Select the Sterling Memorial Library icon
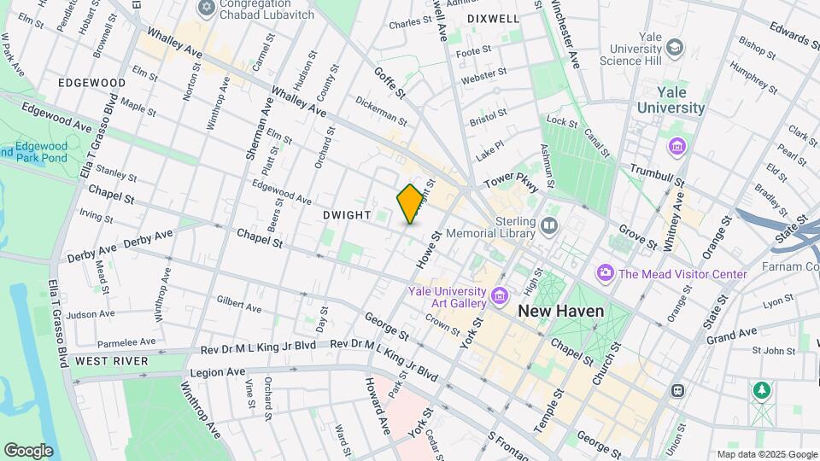tap(548, 227)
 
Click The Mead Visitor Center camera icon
tap(606, 273)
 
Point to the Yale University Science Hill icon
tap(675, 47)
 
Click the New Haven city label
tap(560, 312)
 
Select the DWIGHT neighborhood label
tap(347, 216)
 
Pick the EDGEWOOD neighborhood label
tap(91, 83)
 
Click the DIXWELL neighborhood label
tap(493, 18)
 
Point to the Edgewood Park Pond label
tap(41, 152)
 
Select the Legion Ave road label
tap(218, 372)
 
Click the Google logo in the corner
tap(28, 451)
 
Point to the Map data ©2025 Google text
tap(766, 454)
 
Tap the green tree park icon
tap(760, 390)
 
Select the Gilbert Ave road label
tap(238, 304)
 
